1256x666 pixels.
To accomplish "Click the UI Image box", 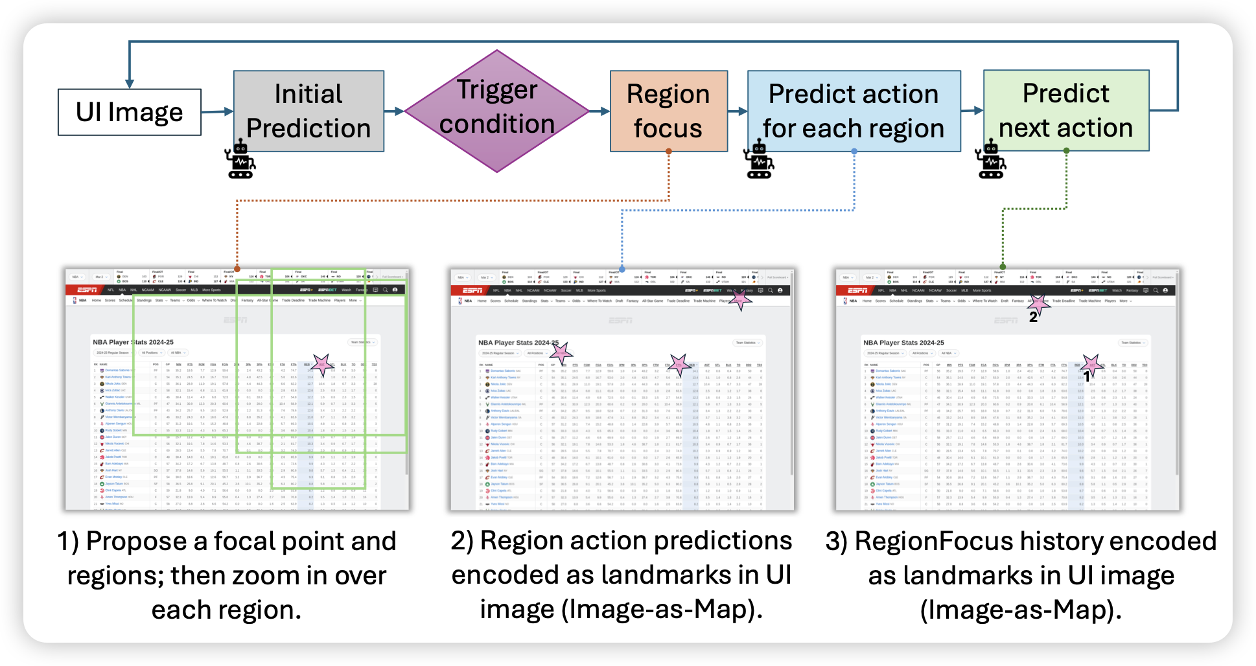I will [130, 112].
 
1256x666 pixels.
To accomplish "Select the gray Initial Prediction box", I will [308, 111].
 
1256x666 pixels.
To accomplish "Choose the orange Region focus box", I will [668, 111].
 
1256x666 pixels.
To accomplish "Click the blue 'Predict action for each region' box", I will [854, 111].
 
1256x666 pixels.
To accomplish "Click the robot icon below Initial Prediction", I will [240, 159].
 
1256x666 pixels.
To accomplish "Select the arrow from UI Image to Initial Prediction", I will [217, 112].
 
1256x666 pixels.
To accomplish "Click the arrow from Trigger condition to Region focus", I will [599, 111].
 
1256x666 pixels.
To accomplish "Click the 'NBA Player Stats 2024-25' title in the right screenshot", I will [903, 343].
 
